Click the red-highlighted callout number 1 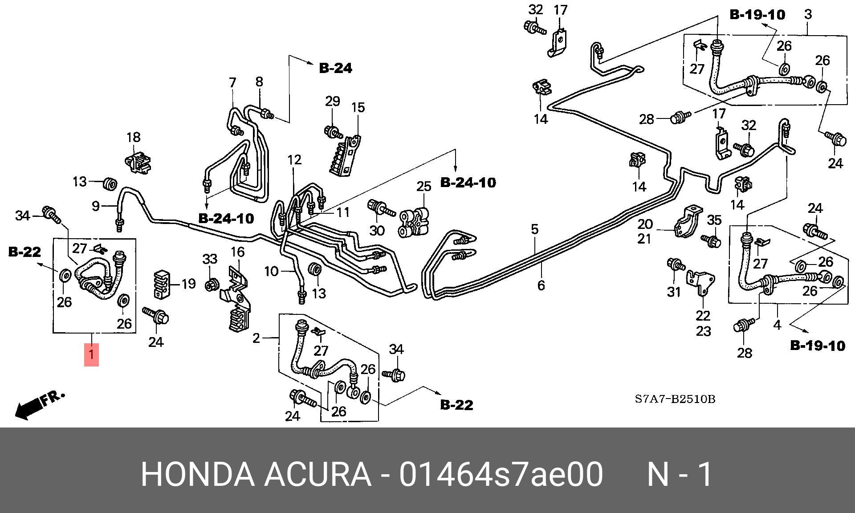[91, 355]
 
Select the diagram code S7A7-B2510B [675, 399]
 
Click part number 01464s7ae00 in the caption [501, 475]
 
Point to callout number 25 [423, 186]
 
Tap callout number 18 [134, 138]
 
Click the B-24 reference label [335, 68]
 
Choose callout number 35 [714, 220]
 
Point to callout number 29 [332, 102]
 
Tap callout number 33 [210, 259]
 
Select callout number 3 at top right [808, 14]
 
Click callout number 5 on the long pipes [534, 229]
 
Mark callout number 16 [237, 252]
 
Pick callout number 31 [674, 292]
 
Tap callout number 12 [294, 159]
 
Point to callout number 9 [96, 206]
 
